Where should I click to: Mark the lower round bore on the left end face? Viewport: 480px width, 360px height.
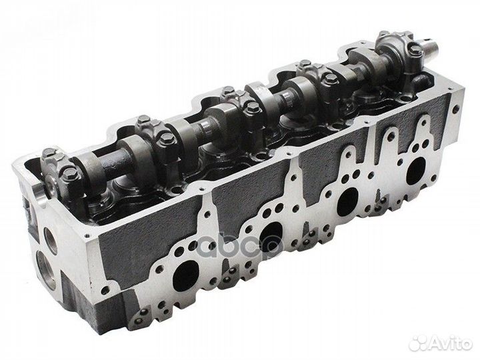tap(51, 274)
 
